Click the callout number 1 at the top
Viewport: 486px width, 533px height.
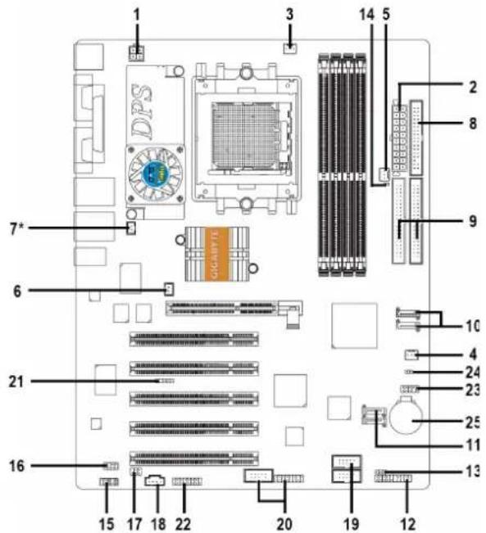tap(137, 14)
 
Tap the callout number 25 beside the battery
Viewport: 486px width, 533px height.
tap(473, 422)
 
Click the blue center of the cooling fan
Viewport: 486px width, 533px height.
tap(155, 174)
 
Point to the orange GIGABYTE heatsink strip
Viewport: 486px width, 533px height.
tap(216, 254)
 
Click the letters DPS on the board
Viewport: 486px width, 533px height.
tap(142, 111)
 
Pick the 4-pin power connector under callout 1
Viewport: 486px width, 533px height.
tap(137, 53)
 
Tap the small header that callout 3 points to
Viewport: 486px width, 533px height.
tap(289, 49)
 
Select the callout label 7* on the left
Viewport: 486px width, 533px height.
tap(17, 228)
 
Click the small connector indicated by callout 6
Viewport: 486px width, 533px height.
tap(169, 289)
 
